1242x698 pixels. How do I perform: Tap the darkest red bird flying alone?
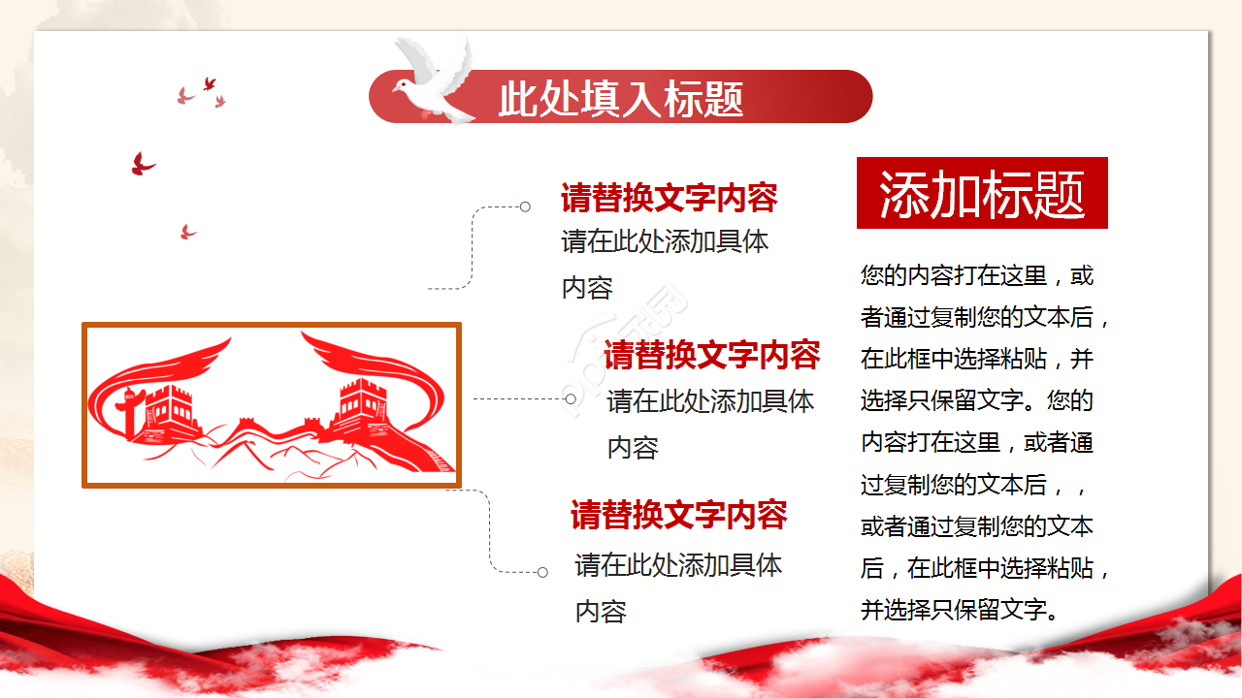143,165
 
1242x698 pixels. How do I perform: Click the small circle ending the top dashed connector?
525,206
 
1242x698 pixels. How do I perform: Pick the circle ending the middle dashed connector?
571,398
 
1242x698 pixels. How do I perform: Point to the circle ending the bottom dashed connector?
542,572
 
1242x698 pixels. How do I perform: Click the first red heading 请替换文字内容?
669,199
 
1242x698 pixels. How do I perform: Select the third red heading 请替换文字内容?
678,515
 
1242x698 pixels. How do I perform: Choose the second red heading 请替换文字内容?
711,356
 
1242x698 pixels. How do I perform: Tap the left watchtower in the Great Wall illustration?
171,412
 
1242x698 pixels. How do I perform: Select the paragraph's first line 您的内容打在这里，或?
976,276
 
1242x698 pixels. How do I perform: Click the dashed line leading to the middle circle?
519,398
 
